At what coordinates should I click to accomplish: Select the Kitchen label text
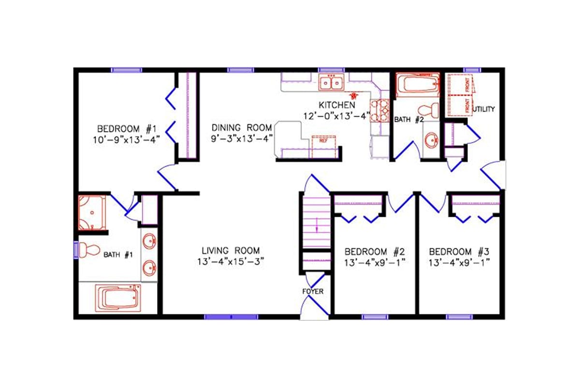click(337, 105)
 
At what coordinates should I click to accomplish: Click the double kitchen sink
click(331, 83)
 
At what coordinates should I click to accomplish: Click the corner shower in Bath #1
click(92, 213)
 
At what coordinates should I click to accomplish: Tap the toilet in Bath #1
click(87, 250)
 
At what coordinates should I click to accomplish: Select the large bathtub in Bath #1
click(119, 298)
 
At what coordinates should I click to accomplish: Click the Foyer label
click(313, 291)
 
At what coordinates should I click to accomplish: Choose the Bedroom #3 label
click(460, 252)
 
